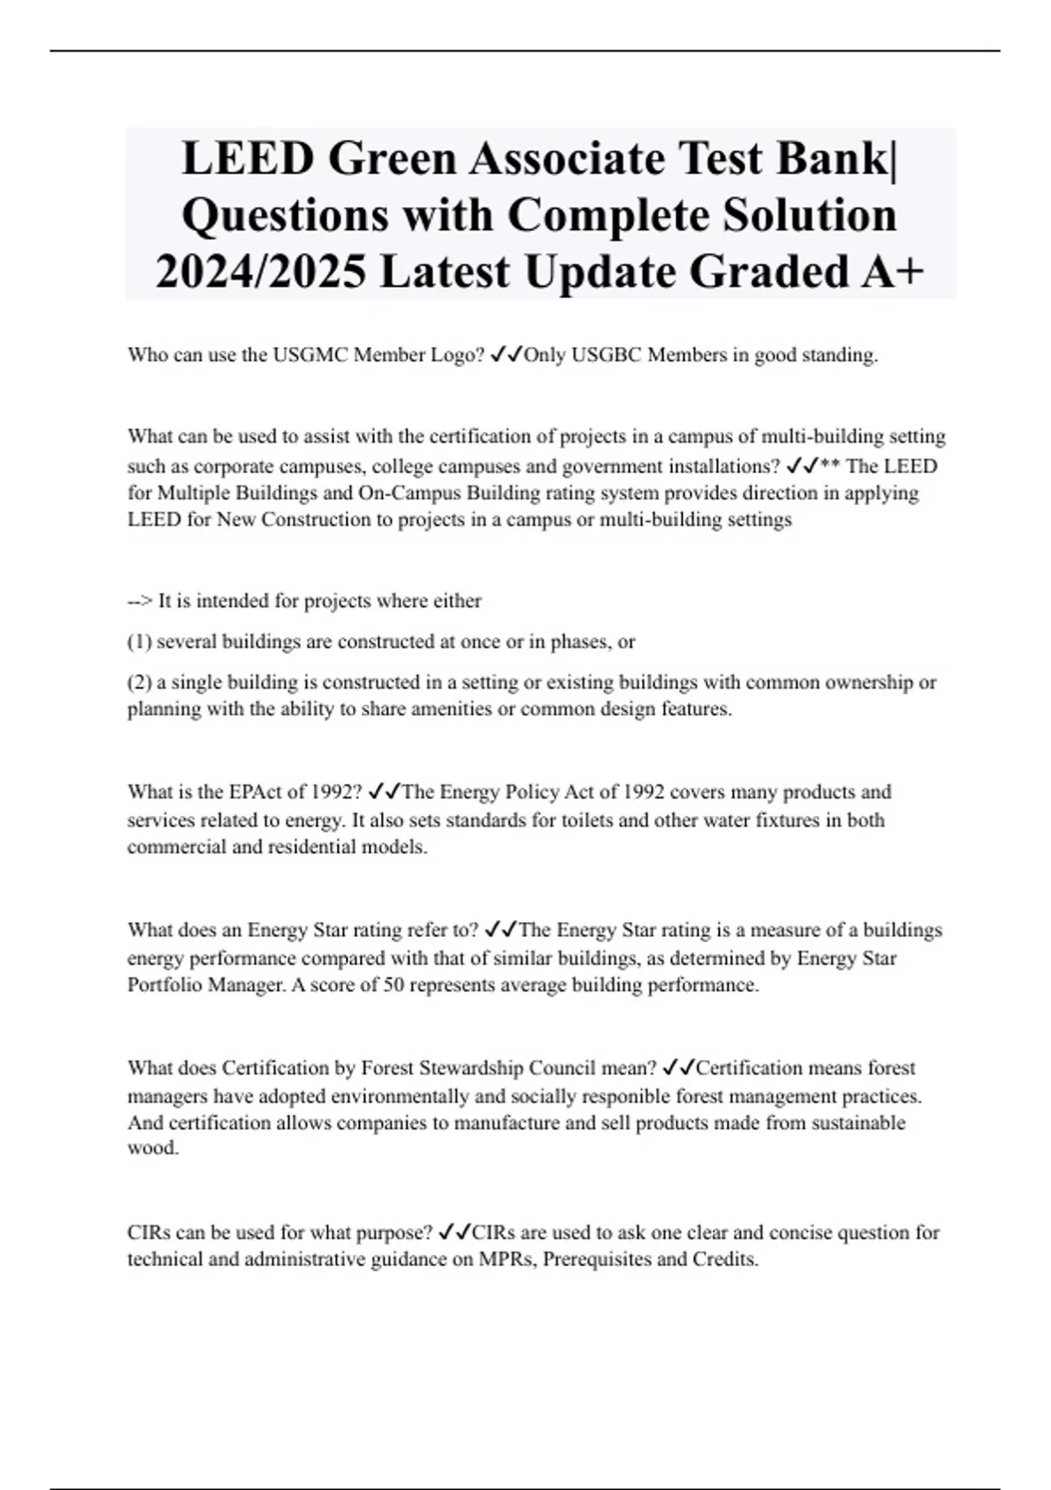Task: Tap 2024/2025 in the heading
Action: tap(261, 271)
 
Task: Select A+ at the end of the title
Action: tap(892, 271)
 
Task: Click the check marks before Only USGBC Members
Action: tap(506, 355)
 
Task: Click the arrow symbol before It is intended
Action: tap(140, 601)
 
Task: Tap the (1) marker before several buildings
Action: tap(139, 642)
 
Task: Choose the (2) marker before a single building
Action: tap(139, 682)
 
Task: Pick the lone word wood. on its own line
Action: tap(153, 1148)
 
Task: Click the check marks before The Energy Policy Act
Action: tap(384, 792)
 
